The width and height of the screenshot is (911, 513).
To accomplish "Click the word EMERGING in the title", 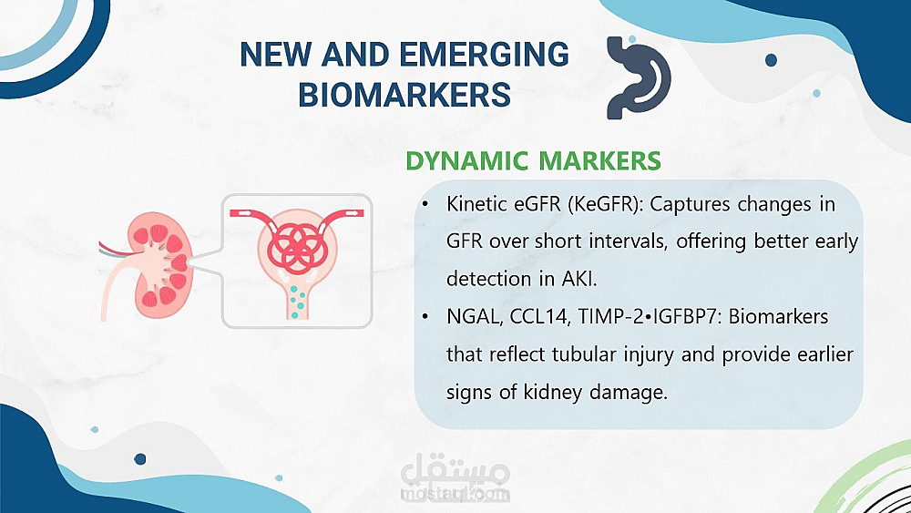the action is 485,54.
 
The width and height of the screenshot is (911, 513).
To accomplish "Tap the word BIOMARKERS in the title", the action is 404,95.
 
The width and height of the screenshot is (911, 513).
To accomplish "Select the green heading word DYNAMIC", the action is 467,161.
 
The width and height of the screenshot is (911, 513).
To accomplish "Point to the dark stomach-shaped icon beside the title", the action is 638,77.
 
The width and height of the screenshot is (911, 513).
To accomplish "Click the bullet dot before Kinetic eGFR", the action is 425,204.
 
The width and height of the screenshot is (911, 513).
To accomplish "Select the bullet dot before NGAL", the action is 425,317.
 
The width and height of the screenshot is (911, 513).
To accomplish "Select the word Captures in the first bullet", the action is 690,205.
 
